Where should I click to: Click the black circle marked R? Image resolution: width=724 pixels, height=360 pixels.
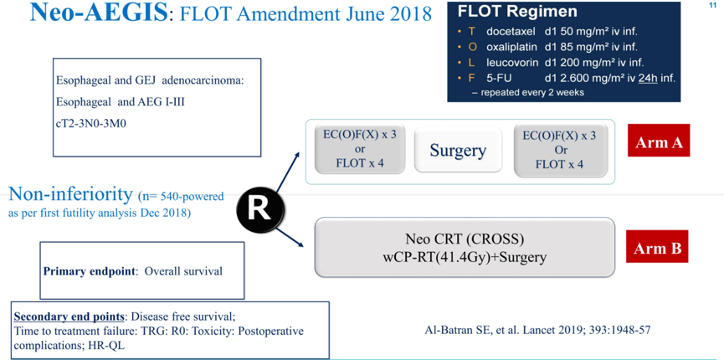click(x=259, y=208)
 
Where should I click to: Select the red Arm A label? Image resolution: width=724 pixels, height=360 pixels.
click(x=658, y=141)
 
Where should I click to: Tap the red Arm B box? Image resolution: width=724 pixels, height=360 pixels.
click(x=657, y=248)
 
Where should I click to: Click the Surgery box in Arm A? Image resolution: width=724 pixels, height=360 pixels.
click(x=458, y=151)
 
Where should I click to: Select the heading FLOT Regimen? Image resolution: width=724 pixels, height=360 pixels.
click(x=518, y=12)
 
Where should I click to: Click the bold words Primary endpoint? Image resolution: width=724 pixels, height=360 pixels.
click(x=91, y=271)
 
